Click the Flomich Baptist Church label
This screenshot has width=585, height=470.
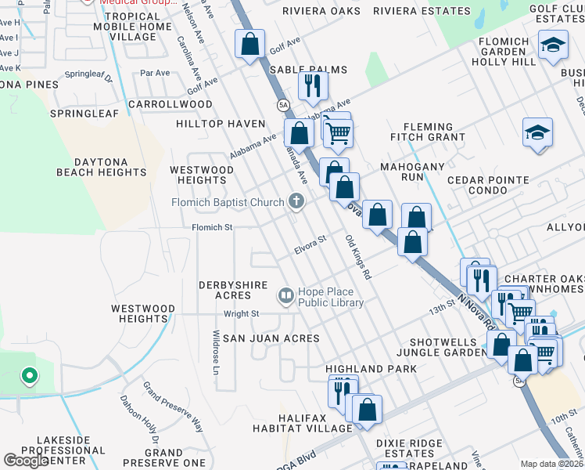click(228, 203)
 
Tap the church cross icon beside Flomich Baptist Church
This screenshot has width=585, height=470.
click(296, 202)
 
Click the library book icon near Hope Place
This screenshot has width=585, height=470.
click(285, 296)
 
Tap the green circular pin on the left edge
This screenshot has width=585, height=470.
click(30, 377)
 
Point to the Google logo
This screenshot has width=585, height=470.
click(26, 461)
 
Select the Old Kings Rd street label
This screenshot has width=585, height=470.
click(357, 258)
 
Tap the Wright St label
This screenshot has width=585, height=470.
click(241, 313)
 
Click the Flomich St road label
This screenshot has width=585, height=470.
click(213, 228)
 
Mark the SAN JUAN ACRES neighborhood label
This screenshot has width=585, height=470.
click(271, 338)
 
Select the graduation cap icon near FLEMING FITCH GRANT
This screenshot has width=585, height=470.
click(538, 133)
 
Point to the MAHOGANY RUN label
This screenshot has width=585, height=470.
click(412, 172)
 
